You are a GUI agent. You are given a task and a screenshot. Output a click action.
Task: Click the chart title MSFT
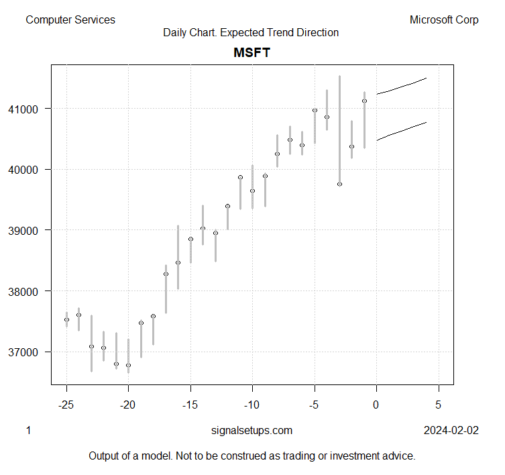251,52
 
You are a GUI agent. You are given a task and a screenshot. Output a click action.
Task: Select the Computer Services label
70,20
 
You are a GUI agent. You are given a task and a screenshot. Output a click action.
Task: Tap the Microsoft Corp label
444,20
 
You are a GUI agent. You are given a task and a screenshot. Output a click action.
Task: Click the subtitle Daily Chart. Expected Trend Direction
251,32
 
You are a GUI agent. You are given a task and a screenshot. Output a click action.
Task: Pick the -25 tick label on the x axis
66,405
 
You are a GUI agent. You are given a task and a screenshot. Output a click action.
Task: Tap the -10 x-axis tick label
252,405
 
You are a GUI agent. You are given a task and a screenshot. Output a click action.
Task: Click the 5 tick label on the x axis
439,405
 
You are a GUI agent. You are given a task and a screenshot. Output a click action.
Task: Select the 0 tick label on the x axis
376,405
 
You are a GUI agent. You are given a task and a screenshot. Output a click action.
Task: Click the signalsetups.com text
251,431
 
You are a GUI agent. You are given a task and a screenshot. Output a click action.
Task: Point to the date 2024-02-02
451,431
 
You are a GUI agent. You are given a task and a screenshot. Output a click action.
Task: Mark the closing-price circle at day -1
364,101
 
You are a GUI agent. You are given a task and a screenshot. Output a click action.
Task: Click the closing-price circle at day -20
128,365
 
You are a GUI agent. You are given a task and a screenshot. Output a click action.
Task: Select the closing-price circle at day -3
339,184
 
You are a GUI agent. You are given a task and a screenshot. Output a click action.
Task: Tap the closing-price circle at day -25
66,319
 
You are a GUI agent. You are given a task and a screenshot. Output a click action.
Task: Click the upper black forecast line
402,86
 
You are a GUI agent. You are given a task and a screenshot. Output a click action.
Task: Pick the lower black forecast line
402,131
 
